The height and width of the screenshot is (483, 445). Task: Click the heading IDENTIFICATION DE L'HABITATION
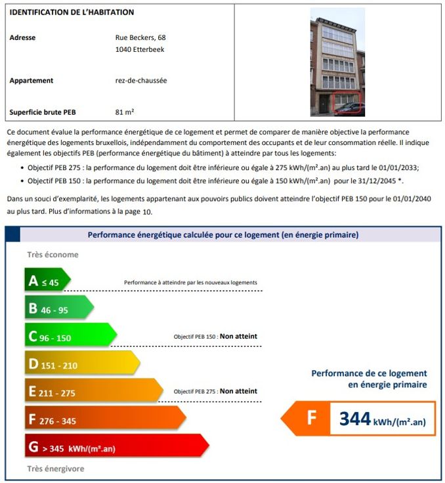pos(72,12)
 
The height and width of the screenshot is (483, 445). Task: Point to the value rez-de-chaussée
pos(141,81)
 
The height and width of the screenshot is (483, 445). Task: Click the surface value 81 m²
pos(125,111)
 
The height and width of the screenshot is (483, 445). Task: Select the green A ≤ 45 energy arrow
pos(46,282)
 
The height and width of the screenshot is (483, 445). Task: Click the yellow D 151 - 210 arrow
pos(81,364)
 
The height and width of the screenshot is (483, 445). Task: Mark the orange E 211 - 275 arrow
pos(92,392)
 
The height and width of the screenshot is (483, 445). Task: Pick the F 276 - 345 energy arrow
pos(104,419)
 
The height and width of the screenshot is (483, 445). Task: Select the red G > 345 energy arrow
pos(115,448)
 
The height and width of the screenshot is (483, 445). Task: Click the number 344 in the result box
pos(355,419)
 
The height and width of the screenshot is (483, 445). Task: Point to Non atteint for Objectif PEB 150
pos(238,336)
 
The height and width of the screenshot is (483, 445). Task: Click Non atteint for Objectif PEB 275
pos(238,391)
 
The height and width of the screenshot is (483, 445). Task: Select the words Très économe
pos(53,255)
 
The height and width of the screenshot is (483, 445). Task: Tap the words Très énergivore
pos(56,469)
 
